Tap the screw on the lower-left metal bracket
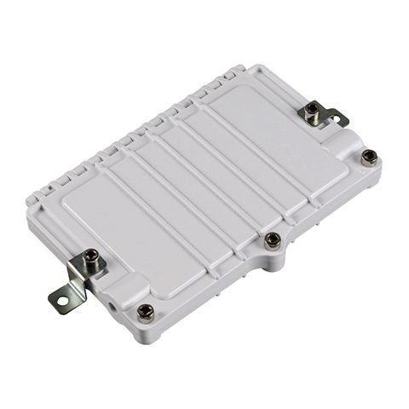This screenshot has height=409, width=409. [x=89, y=255]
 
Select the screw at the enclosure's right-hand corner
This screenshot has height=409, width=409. [x=369, y=156]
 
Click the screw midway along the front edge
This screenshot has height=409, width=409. [x=273, y=239]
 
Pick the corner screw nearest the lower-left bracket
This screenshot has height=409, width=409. [x=146, y=311]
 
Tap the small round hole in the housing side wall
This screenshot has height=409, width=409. [x=112, y=302]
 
